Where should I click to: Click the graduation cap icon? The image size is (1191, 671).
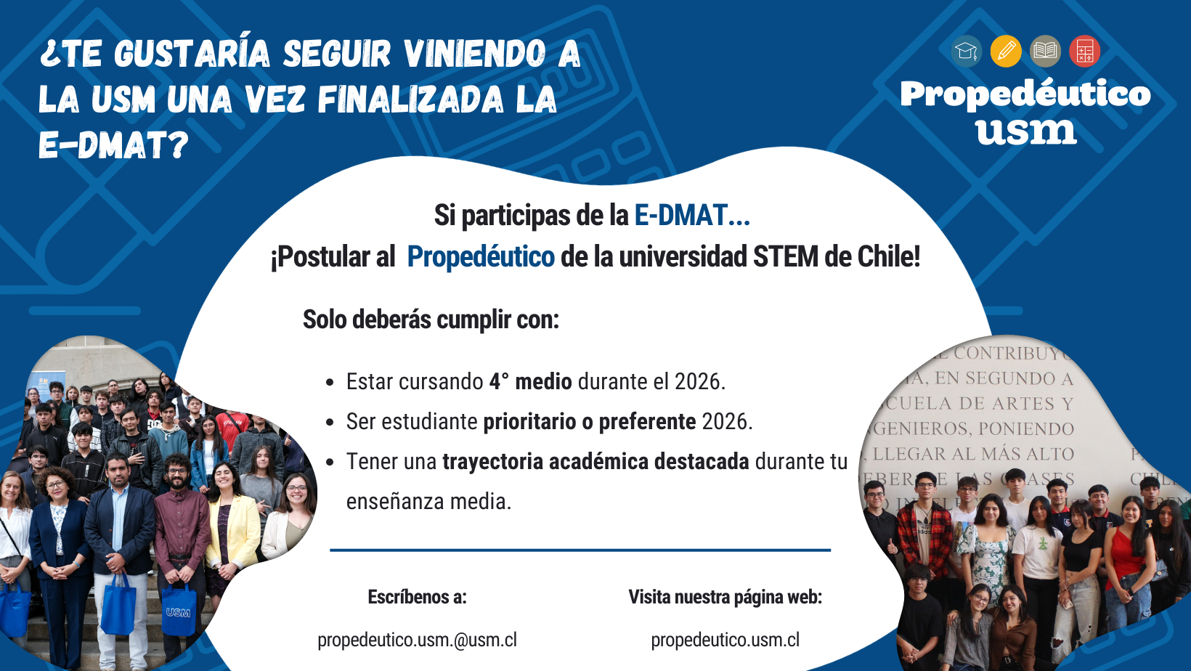coord(966,52)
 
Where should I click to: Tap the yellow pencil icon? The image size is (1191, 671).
coord(1006,52)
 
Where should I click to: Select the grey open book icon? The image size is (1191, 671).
coord(1045,52)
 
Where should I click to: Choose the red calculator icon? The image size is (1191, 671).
coord(1085,52)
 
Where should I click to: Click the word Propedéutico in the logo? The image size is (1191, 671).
coord(1025,94)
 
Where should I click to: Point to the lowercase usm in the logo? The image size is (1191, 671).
coord(1025,131)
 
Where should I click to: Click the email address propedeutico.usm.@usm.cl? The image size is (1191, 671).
coord(417,640)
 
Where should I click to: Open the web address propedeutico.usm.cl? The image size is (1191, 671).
coord(725,640)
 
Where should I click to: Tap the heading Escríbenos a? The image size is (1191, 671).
coord(417,597)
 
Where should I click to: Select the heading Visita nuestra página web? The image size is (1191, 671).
coord(725,597)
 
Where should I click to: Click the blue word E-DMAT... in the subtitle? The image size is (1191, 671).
coord(692,216)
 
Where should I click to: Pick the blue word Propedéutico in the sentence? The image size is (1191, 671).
coord(481,257)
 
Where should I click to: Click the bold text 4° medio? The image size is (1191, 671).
coord(530,381)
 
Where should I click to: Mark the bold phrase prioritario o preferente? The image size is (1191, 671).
coord(590,421)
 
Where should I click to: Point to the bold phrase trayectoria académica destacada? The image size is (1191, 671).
coord(595,461)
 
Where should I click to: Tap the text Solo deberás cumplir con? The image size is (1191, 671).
coord(431,320)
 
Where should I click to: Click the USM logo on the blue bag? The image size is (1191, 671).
coord(178,612)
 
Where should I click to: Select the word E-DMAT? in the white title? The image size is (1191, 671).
coord(113,145)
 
